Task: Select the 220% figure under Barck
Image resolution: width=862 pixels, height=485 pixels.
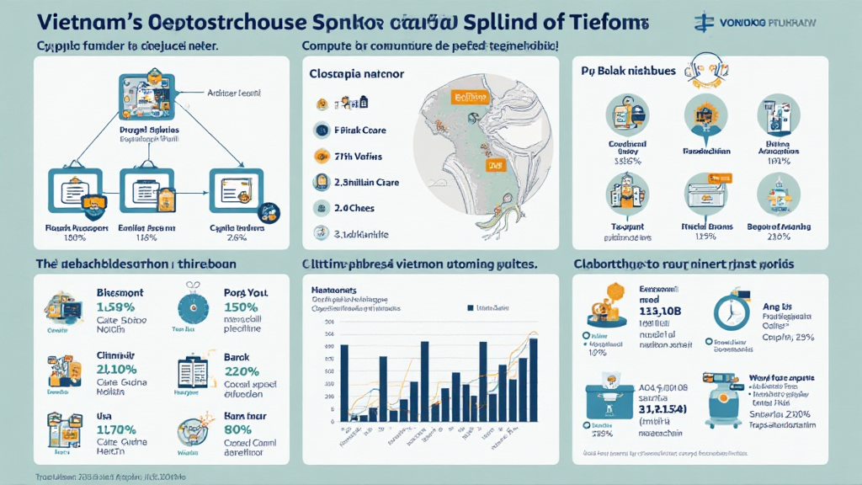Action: coord(242,371)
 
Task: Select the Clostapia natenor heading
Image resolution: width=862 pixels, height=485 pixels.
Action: coord(357,74)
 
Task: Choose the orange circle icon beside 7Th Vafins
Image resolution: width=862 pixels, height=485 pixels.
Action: coord(321,156)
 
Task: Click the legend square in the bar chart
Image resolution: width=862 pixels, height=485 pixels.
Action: coord(470,308)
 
